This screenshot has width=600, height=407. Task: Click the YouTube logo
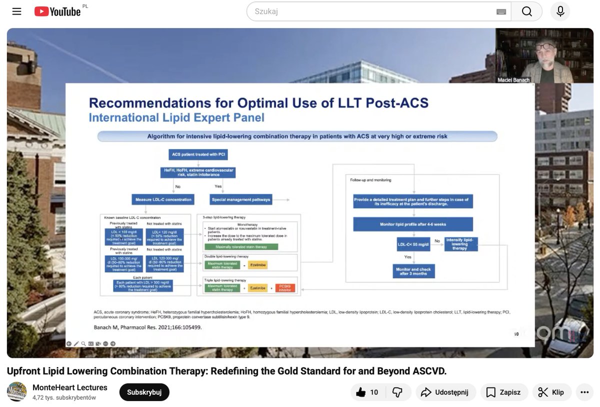click(57, 11)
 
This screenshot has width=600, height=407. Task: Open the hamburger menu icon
click(17, 11)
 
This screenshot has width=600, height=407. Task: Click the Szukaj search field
click(370, 11)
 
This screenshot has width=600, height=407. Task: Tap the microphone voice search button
click(560, 11)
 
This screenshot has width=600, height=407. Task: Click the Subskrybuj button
click(144, 392)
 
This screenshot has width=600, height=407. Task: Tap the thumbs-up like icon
click(361, 392)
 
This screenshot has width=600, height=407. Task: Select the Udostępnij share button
click(445, 392)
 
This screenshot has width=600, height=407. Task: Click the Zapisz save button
click(503, 392)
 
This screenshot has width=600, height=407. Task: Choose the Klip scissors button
click(551, 392)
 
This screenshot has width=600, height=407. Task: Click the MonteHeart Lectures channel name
click(70, 387)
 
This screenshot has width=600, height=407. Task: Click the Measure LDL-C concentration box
click(163, 199)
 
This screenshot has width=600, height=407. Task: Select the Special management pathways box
click(241, 199)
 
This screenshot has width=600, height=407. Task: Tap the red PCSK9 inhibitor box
click(285, 287)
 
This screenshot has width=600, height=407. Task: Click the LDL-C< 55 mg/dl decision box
click(413, 243)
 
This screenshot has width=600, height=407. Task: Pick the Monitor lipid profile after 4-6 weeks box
click(413, 224)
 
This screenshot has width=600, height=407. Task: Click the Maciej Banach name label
click(513, 80)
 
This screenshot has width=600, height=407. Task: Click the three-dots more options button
click(584, 392)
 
